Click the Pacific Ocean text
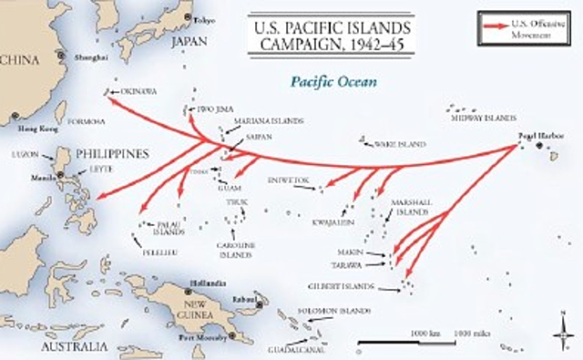point(333,81)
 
